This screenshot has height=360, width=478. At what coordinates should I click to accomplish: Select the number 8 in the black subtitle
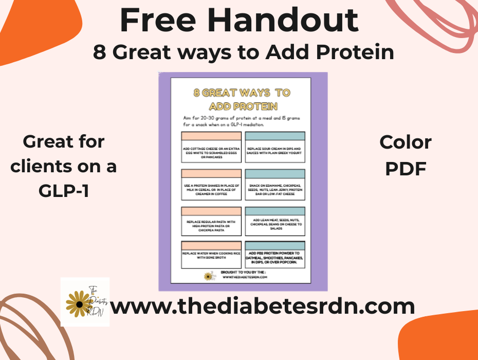[100, 52]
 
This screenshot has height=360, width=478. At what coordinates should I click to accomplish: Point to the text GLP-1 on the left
[64, 190]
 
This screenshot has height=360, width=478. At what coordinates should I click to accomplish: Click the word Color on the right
[406, 143]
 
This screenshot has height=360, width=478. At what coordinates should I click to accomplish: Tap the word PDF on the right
[406, 169]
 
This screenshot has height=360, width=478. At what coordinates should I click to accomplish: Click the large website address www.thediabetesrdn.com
[262, 307]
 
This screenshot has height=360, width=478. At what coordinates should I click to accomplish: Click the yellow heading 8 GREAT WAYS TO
[242, 93]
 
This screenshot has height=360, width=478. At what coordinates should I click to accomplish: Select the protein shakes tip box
[211, 188]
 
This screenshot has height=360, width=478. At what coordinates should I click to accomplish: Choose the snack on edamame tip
[275, 188]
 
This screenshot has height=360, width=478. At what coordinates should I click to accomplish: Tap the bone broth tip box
[211, 255]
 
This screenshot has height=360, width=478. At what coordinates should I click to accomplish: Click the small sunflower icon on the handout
[208, 277]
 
